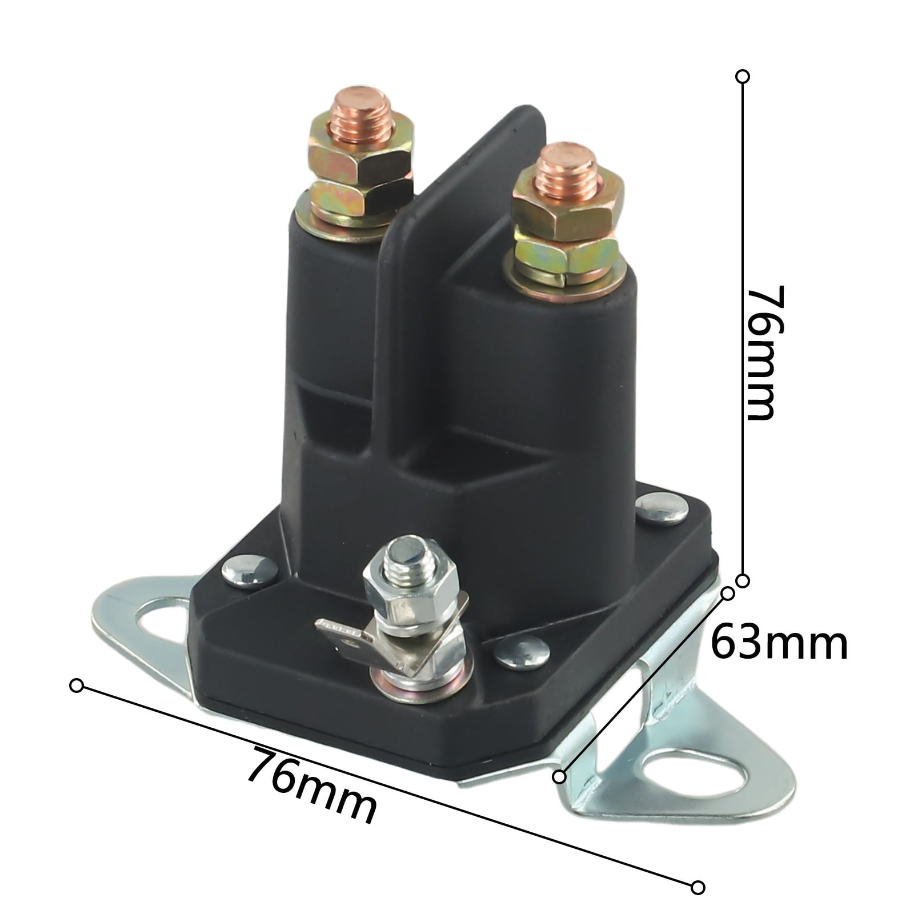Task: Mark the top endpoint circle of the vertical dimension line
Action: pyautogui.click(x=743, y=77)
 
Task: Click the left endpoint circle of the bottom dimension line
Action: pyautogui.click(x=76, y=685)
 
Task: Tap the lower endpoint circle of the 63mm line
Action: pyautogui.click(x=560, y=776)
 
